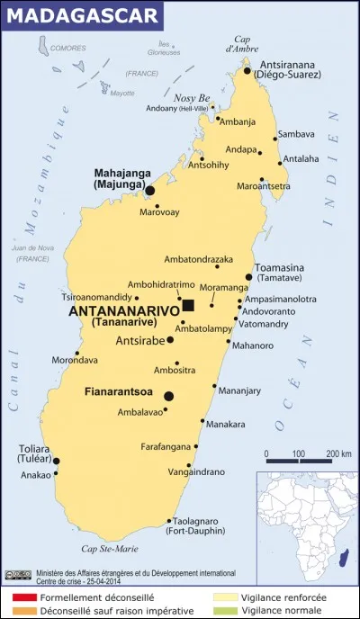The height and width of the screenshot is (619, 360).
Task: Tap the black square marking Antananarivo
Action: (x=188, y=305)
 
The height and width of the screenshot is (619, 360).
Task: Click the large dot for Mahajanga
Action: (x=149, y=190)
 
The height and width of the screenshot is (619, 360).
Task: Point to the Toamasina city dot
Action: (x=249, y=277)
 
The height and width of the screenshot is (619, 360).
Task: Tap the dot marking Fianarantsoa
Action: (x=168, y=396)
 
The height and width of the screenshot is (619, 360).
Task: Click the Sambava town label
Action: (x=296, y=134)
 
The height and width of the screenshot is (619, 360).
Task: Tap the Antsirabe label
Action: (x=140, y=341)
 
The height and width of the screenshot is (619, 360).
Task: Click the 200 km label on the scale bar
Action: (x=337, y=453)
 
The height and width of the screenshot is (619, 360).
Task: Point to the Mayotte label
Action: (x=121, y=93)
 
